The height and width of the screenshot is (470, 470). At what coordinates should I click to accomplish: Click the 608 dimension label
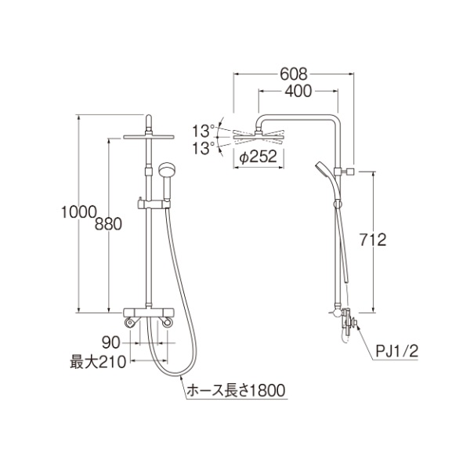[x=294, y=74]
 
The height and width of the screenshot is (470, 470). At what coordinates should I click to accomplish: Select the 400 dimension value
[x=298, y=91]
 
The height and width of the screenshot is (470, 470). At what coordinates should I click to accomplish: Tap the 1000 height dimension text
[x=79, y=212]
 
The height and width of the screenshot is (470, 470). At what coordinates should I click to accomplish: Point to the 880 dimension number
[x=108, y=224]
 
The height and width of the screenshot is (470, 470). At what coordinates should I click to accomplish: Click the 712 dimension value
[x=373, y=240]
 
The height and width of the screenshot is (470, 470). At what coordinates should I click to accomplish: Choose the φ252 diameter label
[x=258, y=157]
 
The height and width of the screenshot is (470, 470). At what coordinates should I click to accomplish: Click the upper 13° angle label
[x=204, y=131]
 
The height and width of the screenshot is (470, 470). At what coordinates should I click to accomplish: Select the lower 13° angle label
[x=204, y=148]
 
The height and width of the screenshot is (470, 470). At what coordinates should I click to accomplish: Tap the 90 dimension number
[x=111, y=342]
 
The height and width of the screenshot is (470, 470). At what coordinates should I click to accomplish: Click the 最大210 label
[x=98, y=362]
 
